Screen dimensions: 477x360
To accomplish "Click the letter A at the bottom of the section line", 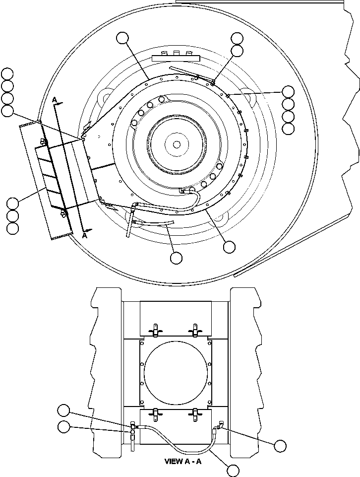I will coord(85,236).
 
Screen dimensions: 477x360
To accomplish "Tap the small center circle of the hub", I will coord(177,144).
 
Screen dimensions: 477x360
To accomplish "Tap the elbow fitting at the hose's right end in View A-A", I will coord(218,426).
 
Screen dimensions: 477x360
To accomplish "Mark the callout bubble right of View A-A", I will coord(280,446).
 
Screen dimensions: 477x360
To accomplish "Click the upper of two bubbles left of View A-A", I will coord(63,410).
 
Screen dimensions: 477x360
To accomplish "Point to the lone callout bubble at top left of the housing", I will coord(123,38).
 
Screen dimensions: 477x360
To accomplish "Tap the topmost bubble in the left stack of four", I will coord(7,74).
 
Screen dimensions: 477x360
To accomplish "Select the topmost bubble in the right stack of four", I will coord(288,91).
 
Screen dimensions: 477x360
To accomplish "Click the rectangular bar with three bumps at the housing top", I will coord(176,58).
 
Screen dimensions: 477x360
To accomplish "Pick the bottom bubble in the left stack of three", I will coord(12,228).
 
